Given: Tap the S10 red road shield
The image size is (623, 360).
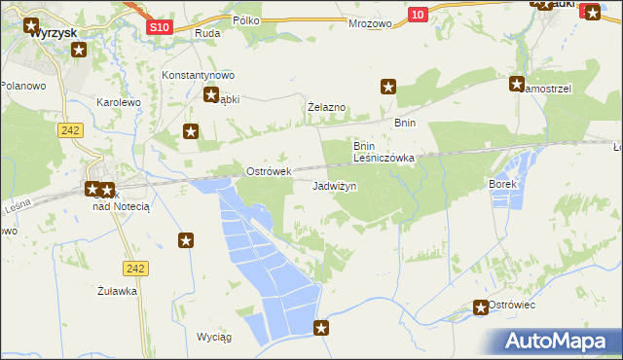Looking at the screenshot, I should tap(161, 28).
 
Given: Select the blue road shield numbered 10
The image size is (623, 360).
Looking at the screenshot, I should tap(418, 14).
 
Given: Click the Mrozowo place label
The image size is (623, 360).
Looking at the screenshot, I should tap(370, 21).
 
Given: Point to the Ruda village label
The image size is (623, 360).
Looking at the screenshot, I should tap(207, 33).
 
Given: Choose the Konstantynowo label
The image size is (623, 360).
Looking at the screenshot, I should tap(199, 75).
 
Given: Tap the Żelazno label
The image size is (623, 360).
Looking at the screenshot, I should tap(327, 106).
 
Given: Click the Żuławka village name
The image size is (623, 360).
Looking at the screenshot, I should tap(117, 290).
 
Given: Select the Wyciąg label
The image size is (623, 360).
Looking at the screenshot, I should tap(213, 337).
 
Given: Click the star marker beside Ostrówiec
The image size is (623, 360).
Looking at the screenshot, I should tap(480, 307).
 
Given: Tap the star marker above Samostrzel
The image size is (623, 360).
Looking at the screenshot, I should tap(517, 84).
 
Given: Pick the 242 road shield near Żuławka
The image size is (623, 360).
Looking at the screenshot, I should tap(135, 268).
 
